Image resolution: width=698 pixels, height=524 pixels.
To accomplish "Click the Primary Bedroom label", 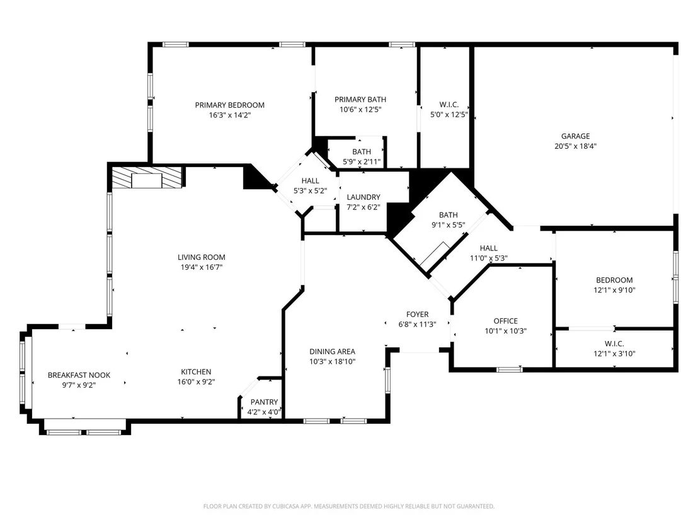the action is point(230,105).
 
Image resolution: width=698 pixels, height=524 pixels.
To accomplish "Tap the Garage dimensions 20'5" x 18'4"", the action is point(575,146).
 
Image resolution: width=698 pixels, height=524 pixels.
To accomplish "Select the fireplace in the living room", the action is point(146,177).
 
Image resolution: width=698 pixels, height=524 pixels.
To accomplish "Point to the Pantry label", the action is point(264,402).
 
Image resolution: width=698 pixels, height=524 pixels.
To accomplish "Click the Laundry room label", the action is point(363,197).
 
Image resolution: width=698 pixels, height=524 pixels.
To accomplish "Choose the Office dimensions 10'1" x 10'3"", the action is point(505,331).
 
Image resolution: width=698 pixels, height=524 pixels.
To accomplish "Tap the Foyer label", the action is point(417,315).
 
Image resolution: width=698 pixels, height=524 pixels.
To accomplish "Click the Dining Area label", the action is point(332,352).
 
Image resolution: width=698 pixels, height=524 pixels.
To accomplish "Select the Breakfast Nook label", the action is point(79,375).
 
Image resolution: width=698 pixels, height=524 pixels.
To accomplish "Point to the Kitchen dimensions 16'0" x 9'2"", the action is point(196,382).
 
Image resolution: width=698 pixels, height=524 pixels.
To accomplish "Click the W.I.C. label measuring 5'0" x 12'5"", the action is point(449,105).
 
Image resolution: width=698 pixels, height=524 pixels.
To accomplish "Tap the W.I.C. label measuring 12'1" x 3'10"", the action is point(614,344).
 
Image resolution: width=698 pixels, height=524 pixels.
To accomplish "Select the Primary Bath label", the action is point(360,100).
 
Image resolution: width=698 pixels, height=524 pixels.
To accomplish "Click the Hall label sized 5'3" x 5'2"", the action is point(310,181).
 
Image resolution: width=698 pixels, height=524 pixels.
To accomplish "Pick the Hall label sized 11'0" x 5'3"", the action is point(488,248).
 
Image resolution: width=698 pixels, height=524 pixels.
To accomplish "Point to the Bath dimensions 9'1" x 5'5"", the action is point(449,225).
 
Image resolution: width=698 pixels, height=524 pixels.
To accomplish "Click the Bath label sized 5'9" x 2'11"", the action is point(362,152).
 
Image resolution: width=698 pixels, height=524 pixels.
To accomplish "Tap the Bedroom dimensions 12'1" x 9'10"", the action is point(614,290).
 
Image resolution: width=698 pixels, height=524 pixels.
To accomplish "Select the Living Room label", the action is point(201,257).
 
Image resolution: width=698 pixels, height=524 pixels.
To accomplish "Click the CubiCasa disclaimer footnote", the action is point(349,506).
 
